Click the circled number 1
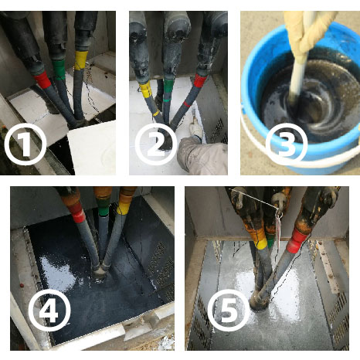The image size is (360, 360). pos(25,144)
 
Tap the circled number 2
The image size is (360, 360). pos(156,144)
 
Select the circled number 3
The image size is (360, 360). pos(287,144)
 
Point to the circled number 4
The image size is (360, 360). pos(49,311)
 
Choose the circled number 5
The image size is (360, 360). pos(229,311)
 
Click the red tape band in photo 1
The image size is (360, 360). pos(42,80)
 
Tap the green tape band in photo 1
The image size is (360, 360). pos(59,70)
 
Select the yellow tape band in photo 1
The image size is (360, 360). pos(81,60)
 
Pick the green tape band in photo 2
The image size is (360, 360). pos(168,87)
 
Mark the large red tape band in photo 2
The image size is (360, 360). pos(200,80)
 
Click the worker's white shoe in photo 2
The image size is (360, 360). pos(196,131)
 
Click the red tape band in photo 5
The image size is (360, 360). pos(297,240)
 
